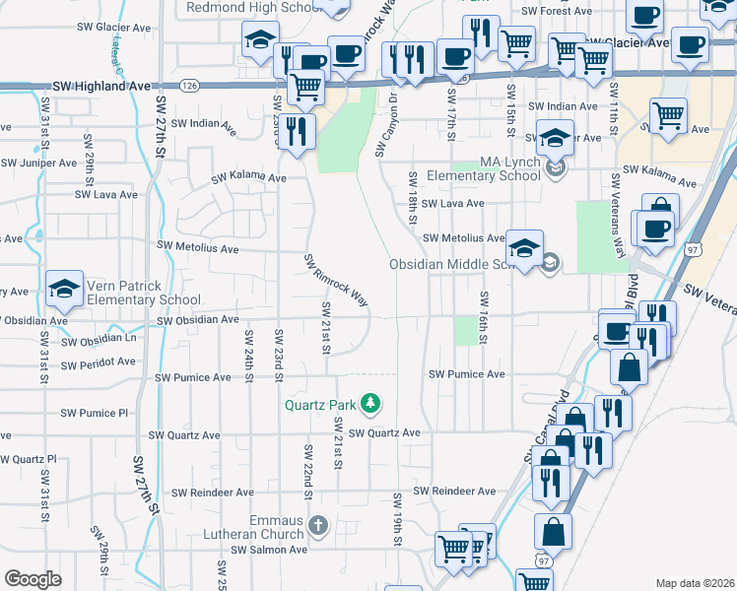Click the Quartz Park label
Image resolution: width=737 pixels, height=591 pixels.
pyautogui.click(x=322, y=404)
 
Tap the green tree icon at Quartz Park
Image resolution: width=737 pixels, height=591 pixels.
pyautogui.click(x=370, y=403)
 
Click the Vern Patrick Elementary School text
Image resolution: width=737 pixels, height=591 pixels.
pyautogui.click(x=144, y=293)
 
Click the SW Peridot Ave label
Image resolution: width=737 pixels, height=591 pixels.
pyautogui.click(x=99, y=362)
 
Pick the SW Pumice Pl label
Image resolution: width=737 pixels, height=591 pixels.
pyautogui.click(x=95, y=414)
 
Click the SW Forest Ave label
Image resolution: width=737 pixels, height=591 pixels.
pyautogui.click(x=557, y=11)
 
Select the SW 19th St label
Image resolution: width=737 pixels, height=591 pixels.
pyautogui.click(x=399, y=520)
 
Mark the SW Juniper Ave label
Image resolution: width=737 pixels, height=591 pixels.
pyautogui.click(x=40, y=163)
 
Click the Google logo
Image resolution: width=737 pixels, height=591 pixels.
pyautogui.click(x=33, y=579)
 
